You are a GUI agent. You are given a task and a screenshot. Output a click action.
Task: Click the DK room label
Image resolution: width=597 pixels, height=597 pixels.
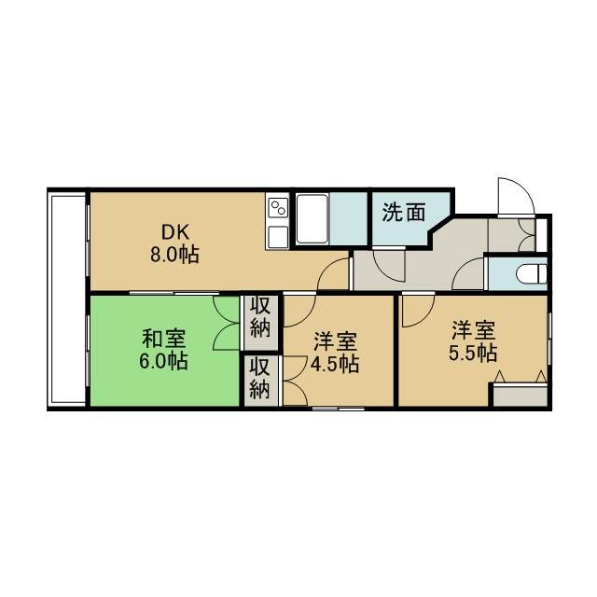175,231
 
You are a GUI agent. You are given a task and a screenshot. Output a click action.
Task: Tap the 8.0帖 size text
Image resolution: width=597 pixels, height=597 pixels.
174,255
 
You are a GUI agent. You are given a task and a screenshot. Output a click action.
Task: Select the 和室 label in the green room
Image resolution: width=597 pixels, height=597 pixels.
164,339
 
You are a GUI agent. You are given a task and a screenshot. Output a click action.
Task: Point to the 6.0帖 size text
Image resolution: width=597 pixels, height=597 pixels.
163,361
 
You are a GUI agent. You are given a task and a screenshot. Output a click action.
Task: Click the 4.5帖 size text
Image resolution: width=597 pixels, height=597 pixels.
335,364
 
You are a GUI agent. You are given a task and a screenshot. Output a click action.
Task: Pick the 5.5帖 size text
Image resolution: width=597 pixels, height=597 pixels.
473,353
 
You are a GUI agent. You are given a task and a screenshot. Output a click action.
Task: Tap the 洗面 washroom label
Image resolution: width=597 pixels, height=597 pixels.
404,212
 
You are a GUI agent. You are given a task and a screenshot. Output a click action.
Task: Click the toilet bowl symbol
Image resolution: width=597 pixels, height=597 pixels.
532,273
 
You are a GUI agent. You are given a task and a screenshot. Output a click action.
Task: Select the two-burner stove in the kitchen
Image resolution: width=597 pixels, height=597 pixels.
278,208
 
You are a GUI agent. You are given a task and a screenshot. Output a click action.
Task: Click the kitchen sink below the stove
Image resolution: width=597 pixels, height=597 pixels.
278,236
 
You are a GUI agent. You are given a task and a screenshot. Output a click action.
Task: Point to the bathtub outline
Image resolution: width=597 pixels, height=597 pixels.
312,218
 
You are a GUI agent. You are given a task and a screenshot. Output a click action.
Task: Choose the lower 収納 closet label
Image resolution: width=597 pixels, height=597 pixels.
259,379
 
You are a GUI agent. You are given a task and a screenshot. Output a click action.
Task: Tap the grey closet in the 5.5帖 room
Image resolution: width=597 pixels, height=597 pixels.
521,396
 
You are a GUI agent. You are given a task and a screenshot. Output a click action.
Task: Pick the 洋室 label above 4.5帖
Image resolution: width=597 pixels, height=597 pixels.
335,341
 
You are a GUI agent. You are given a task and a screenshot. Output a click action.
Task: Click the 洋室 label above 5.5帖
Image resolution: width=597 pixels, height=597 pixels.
473,330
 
